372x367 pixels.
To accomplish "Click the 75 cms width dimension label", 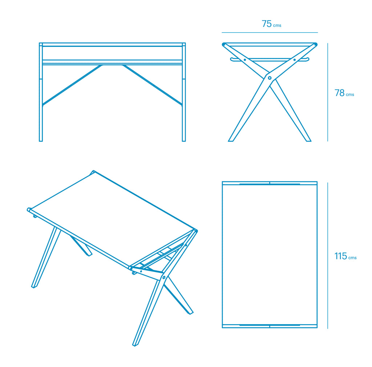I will pos(271,24).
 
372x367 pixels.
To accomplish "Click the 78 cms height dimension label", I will pos(344,93).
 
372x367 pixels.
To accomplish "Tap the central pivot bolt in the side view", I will pos(270,78).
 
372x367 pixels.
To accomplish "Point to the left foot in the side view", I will pos(231,140).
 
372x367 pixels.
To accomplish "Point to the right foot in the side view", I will pos(308,140).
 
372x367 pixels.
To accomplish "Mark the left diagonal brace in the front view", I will pos(72,85).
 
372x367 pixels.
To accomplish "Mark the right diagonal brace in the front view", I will pos(153,85).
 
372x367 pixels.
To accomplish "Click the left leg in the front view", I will pos(41,109).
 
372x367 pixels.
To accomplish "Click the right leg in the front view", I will pos(184,109).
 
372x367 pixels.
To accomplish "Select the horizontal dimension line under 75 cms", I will pos(270,32).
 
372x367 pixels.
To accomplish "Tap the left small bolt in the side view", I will pos(245,60).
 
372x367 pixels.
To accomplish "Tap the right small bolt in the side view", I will pos(294,60).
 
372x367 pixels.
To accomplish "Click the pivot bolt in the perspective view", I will pos(164,278).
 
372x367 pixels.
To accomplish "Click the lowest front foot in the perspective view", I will pos(135,344).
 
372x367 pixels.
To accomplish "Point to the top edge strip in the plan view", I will pos(270,183).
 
